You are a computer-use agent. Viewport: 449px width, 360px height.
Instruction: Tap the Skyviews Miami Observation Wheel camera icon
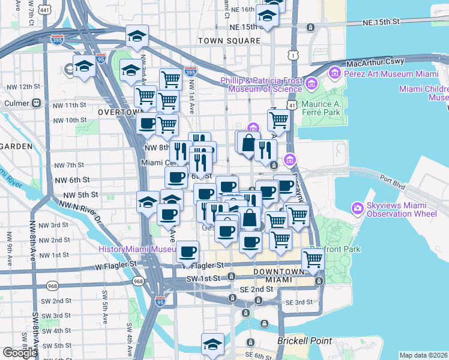(358, 208)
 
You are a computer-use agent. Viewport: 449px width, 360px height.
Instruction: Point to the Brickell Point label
(304, 341)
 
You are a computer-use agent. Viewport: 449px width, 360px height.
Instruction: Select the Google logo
(20, 353)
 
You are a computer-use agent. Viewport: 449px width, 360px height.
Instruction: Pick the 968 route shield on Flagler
(139, 281)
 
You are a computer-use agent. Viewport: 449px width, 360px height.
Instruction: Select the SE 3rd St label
(300, 302)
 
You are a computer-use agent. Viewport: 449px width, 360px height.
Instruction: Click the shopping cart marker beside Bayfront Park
(312, 259)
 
